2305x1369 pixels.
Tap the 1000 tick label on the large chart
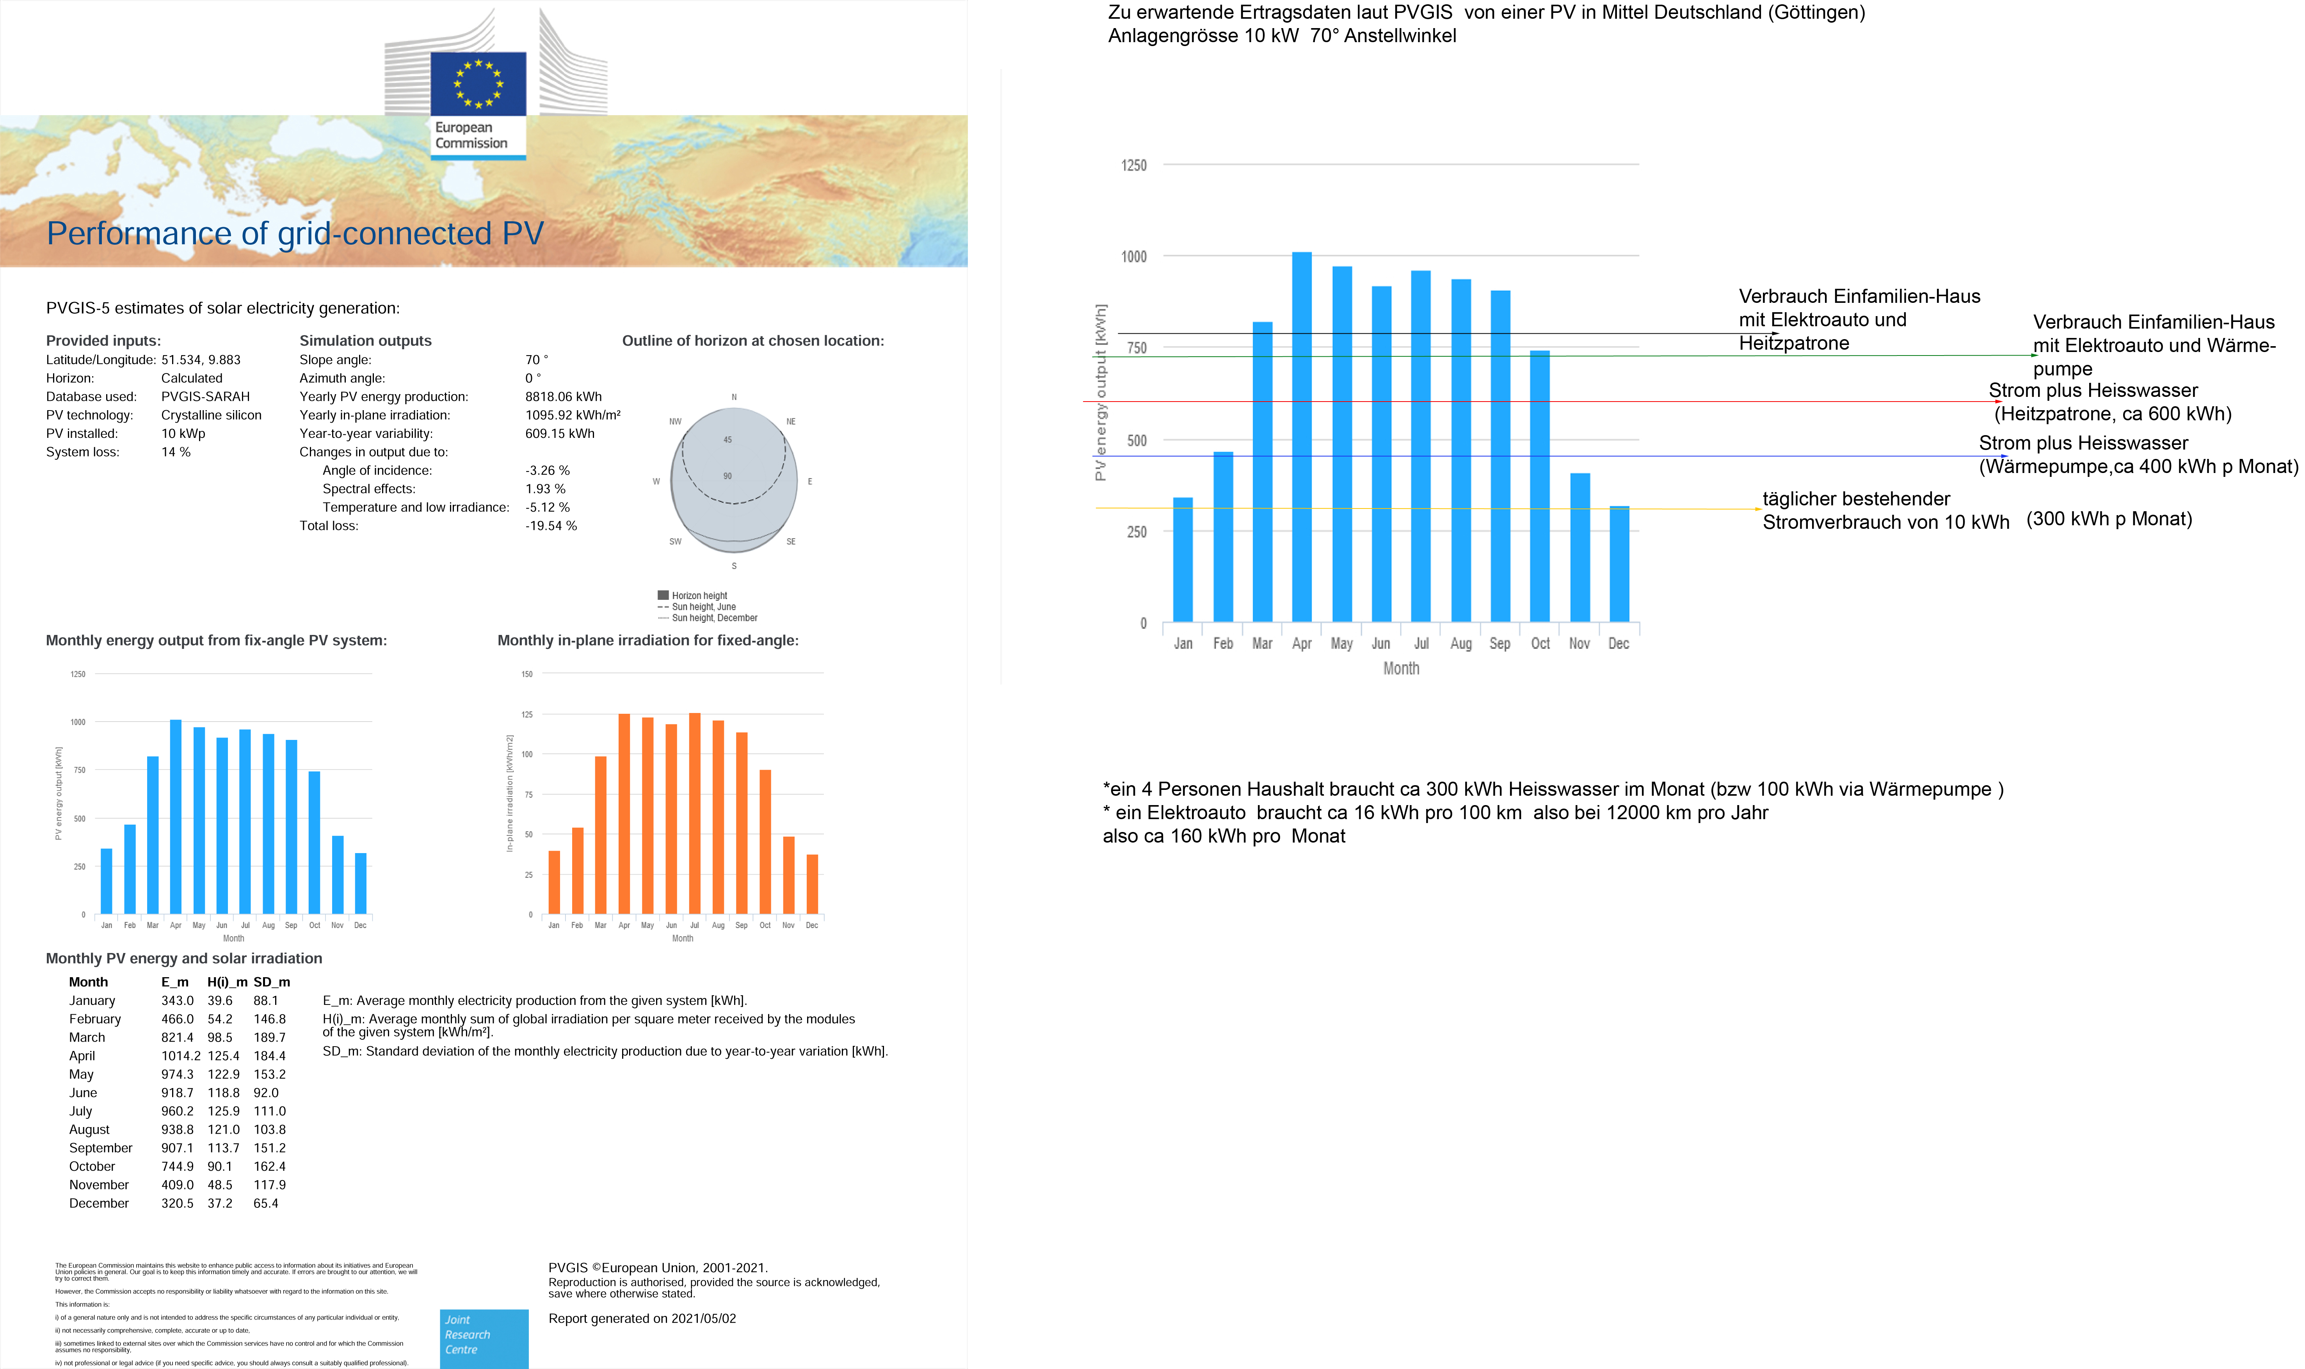1134,256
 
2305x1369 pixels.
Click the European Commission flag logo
478,83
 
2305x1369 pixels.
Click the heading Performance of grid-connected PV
295,233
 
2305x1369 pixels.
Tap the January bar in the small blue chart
106,881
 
